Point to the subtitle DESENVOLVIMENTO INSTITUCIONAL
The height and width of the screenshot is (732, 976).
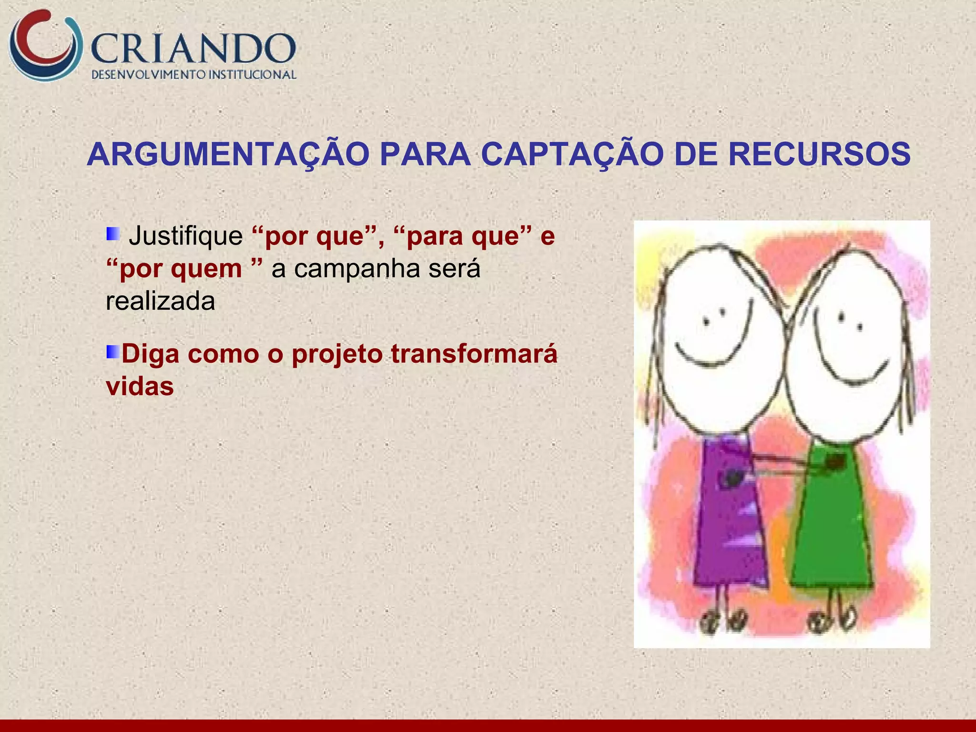point(193,75)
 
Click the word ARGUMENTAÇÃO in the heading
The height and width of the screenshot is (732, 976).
point(228,154)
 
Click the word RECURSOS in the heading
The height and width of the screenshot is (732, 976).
point(820,154)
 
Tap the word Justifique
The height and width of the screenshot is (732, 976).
point(186,235)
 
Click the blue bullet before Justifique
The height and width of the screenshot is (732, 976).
point(112,234)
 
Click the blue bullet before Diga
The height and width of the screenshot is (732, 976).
point(112,352)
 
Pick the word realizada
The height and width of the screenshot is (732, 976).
point(160,301)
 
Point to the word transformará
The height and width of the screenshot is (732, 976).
point(474,354)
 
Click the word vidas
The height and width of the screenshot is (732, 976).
point(140,386)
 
